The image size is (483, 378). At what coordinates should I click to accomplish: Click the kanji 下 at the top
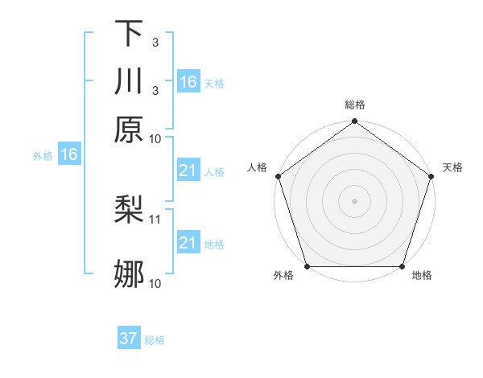click(x=129, y=34)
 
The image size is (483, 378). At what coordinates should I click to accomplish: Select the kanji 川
click(x=129, y=82)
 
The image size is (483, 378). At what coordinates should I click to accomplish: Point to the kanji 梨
click(x=129, y=211)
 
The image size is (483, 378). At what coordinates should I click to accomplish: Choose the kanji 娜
click(x=129, y=274)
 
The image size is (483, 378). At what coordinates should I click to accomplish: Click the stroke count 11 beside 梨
click(x=156, y=218)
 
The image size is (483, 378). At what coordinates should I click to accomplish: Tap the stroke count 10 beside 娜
click(x=155, y=282)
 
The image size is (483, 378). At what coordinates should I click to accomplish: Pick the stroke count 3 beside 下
click(x=155, y=42)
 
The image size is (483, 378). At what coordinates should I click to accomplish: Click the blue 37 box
click(x=129, y=339)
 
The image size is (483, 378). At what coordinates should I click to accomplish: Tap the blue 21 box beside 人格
click(x=188, y=171)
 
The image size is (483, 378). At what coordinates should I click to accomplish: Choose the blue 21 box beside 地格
click(x=188, y=243)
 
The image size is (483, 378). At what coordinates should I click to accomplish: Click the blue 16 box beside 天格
click(x=188, y=82)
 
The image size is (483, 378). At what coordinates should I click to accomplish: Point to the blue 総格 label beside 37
click(x=155, y=340)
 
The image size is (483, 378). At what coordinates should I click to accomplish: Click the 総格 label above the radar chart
click(x=355, y=105)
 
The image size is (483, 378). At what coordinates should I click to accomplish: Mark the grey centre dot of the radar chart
click(x=355, y=200)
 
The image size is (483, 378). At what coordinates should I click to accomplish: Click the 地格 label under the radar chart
click(x=422, y=276)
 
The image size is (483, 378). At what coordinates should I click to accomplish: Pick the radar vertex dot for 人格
click(x=279, y=176)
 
